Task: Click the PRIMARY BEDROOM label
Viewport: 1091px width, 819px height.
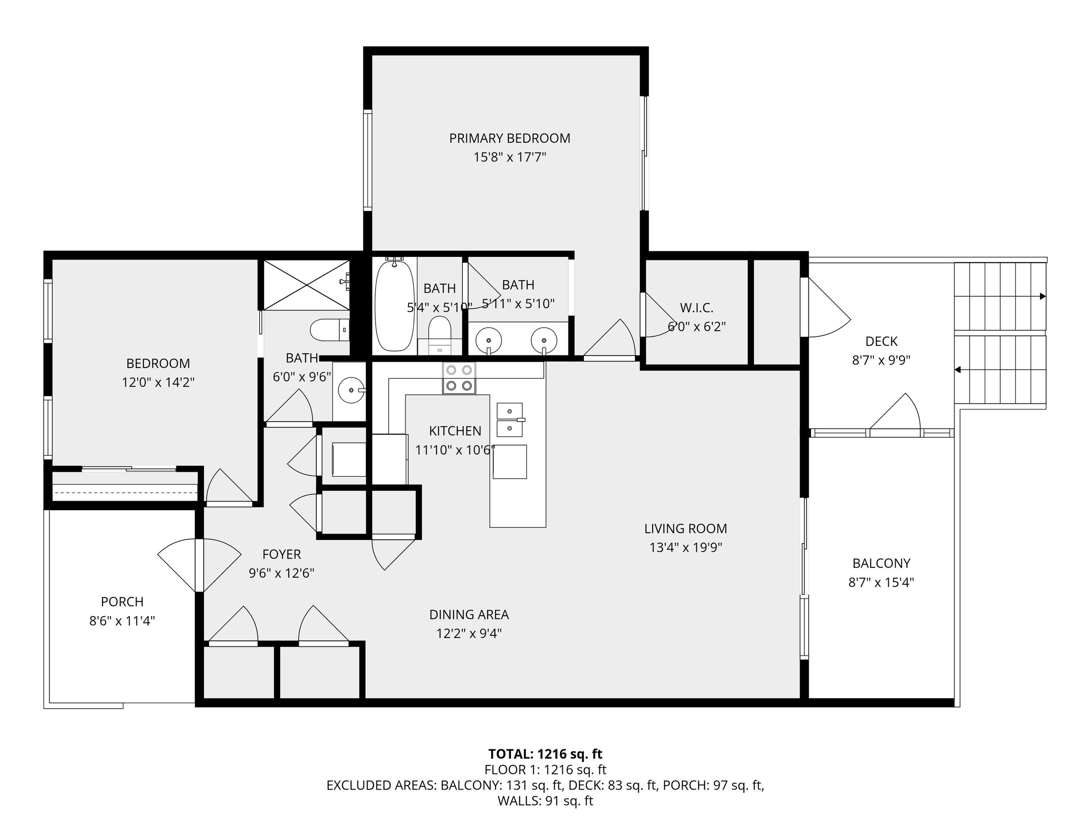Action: click(510, 138)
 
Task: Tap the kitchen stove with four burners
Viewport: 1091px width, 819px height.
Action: click(459, 378)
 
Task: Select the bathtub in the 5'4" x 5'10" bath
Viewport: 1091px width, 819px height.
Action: click(394, 305)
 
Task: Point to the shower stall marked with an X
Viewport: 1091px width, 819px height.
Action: click(307, 285)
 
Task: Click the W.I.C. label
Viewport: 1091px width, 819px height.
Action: click(696, 308)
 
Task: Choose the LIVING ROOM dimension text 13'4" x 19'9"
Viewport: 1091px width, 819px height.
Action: click(686, 547)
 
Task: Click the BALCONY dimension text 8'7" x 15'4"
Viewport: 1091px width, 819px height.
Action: click(881, 582)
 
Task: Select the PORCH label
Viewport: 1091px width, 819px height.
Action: click(122, 602)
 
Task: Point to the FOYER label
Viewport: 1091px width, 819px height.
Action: click(282, 554)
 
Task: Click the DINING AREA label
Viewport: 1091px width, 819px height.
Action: click(469, 615)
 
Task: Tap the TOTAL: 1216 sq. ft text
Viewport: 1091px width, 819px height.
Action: click(545, 754)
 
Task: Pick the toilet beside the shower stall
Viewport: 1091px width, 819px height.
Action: click(330, 330)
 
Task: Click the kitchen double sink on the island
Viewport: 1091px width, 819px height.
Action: click(510, 420)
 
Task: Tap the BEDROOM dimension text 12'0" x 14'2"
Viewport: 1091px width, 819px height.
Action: click(158, 382)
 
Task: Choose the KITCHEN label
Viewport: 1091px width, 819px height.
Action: click(455, 431)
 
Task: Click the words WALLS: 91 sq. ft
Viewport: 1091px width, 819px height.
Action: click(545, 801)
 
